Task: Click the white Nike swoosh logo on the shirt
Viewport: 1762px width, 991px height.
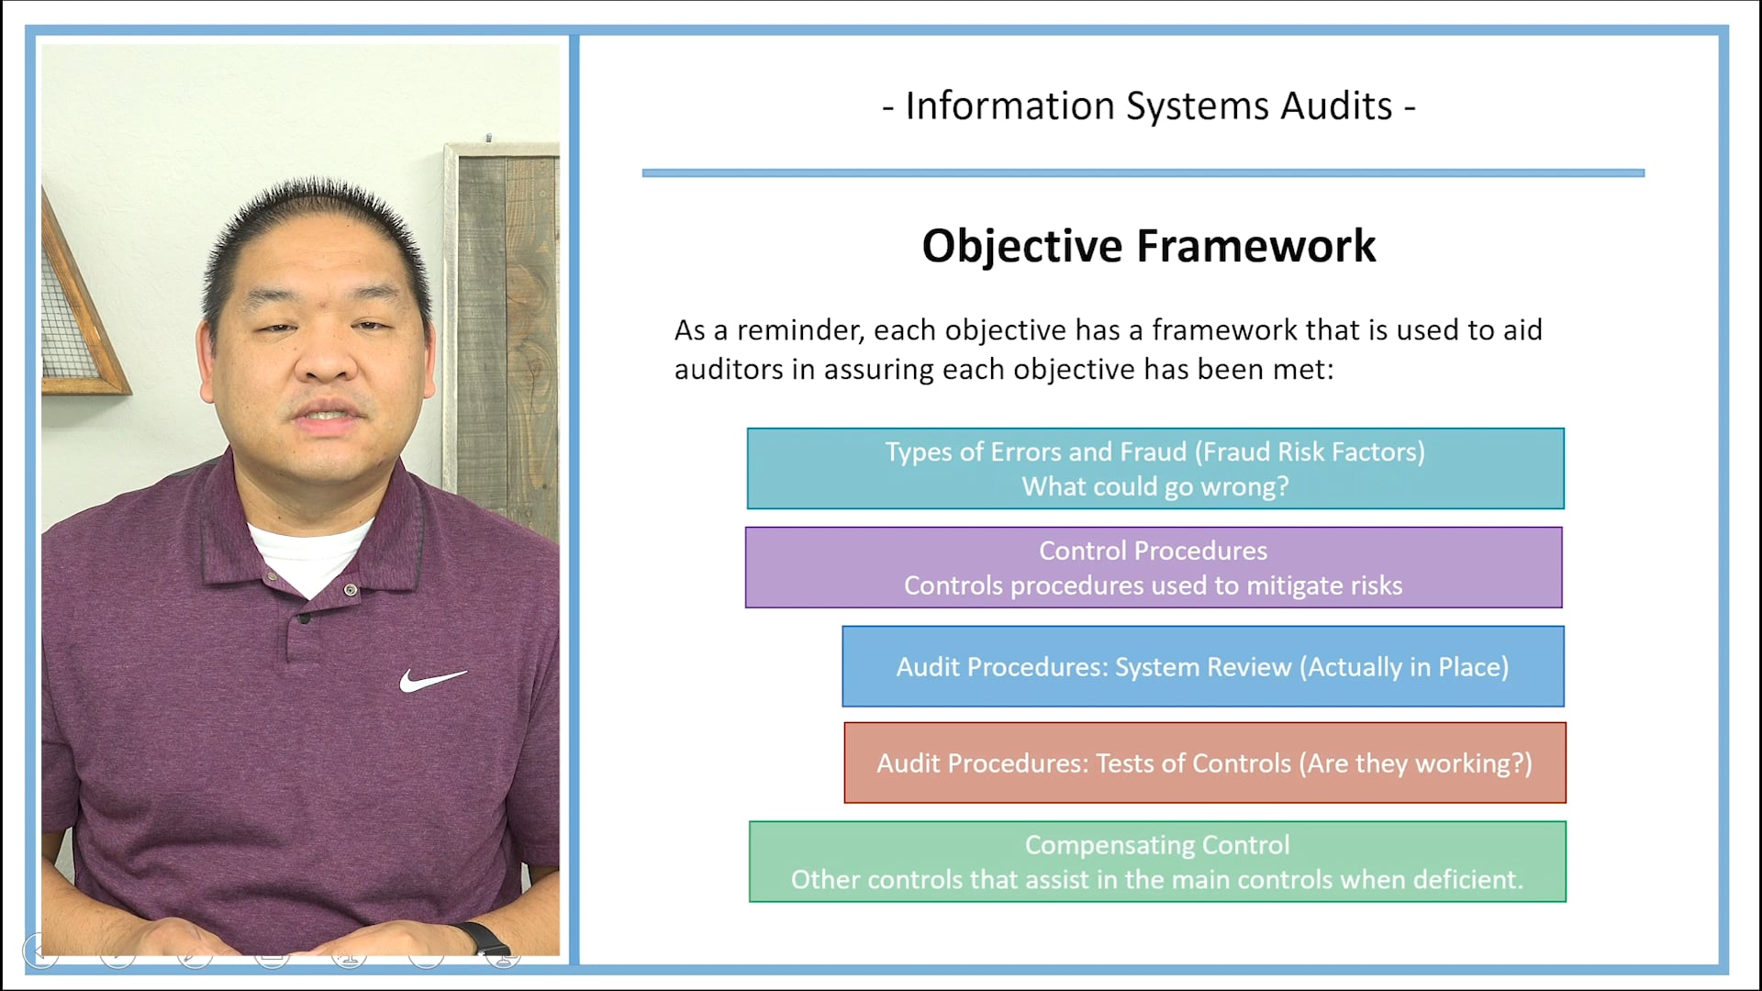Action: [431, 680]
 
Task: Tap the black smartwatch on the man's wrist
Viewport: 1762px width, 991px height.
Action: [484, 938]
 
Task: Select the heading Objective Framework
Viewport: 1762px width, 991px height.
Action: [1148, 246]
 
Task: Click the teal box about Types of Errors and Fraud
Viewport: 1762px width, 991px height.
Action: [1154, 469]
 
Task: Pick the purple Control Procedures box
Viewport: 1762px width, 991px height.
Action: [1153, 568]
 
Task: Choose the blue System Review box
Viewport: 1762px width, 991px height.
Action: [1202, 667]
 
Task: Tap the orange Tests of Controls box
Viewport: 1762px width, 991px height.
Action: [1204, 763]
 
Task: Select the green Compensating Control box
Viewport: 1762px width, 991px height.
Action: [1156, 863]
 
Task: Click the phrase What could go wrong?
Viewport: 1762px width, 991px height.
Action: [1154, 487]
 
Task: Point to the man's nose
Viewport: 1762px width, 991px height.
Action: [326, 362]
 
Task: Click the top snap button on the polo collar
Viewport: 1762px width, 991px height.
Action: [351, 590]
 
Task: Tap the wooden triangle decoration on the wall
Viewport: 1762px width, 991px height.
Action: [78, 312]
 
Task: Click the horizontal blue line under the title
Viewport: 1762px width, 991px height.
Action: [1143, 173]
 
